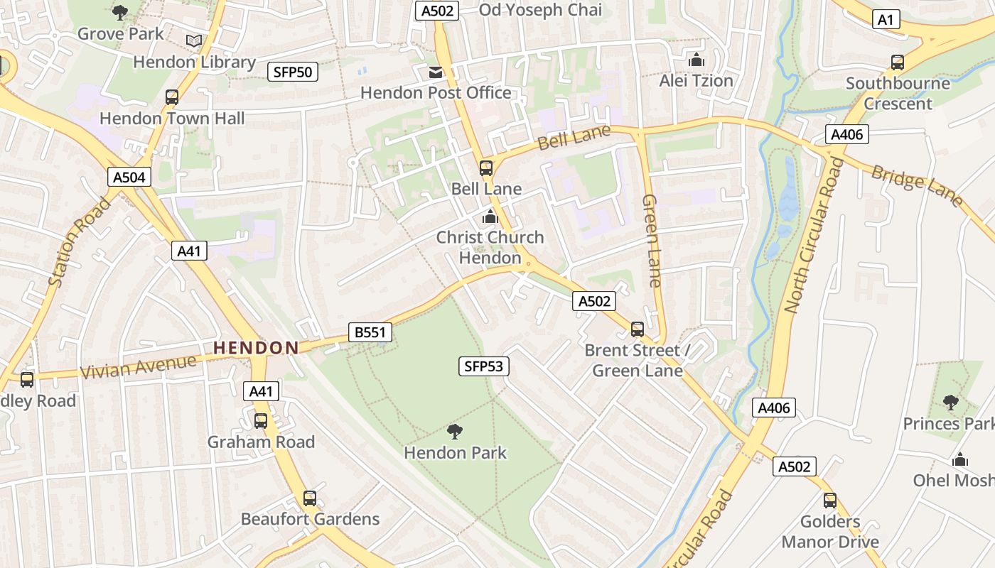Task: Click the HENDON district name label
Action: pyautogui.click(x=256, y=348)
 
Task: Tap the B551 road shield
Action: pyautogui.click(x=370, y=332)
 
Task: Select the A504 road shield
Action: pyautogui.click(x=129, y=177)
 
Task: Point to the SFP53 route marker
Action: pyautogui.click(x=483, y=366)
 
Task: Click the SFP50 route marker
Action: pyautogui.click(x=292, y=72)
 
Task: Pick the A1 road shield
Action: pyautogui.click(x=886, y=20)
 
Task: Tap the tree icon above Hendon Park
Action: pyautogui.click(x=455, y=431)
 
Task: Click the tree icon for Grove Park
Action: pyautogui.click(x=120, y=12)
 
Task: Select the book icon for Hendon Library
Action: pyautogui.click(x=194, y=41)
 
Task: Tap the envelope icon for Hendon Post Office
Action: pyautogui.click(x=435, y=72)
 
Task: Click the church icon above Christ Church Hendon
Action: pyautogui.click(x=490, y=217)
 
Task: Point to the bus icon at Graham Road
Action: pyautogui.click(x=261, y=420)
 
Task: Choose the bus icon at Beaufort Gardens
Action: pyautogui.click(x=310, y=498)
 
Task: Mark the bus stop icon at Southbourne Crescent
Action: pyautogui.click(x=898, y=62)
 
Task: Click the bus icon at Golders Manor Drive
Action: pyautogui.click(x=829, y=501)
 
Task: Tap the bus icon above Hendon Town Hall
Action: pyautogui.click(x=171, y=97)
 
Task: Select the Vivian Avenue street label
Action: pyautogui.click(x=138, y=367)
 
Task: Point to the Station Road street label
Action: pyautogui.click(x=80, y=241)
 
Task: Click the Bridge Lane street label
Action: pyautogui.click(x=917, y=186)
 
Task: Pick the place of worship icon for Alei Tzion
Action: pyautogui.click(x=696, y=60)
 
